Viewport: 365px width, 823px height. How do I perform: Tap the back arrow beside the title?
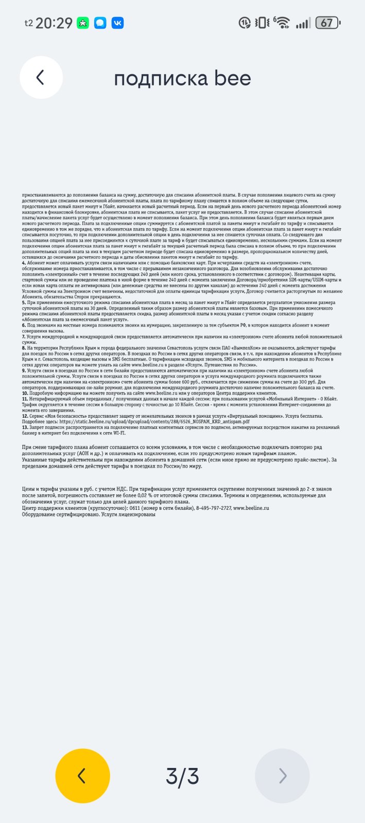[x=41, y=78]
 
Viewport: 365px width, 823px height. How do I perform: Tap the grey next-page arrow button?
[x=282, y=776]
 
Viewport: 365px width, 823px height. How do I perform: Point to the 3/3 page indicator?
[x=182, y=776]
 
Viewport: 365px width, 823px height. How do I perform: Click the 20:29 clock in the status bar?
[x=54, y=23]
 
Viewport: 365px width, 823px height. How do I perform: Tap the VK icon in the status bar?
[x=117, y=23]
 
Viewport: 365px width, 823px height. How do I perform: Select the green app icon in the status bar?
[x=82, y=23]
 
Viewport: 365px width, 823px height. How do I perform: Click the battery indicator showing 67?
[x=328, y=23]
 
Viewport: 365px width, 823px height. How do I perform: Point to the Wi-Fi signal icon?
[x=282, y=23]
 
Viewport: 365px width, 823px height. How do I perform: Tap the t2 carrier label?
[x=29, y=23]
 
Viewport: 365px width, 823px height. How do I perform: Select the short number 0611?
[x=134, y=508]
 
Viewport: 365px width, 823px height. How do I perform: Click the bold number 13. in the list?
[x=25, y=427]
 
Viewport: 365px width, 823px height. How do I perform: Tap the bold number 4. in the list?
[x=24, y=263]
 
